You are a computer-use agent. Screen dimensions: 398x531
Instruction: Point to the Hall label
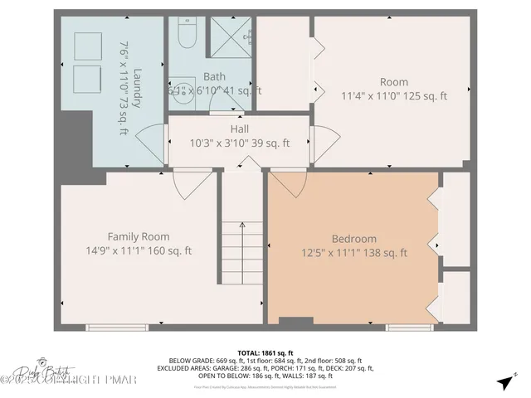[239, 129]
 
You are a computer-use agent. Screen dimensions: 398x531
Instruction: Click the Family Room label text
[139, 236]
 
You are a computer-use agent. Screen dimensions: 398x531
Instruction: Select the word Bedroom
[353, 239]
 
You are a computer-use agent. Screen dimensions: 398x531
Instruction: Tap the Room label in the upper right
[394, 81]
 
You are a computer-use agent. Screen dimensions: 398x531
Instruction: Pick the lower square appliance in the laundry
[85, 80]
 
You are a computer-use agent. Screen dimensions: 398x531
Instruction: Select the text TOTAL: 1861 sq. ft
[265, 352]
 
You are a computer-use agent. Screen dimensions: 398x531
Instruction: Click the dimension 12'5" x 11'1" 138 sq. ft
[353, 253]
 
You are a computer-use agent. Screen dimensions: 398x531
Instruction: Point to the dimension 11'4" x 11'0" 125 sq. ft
[394, 95]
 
